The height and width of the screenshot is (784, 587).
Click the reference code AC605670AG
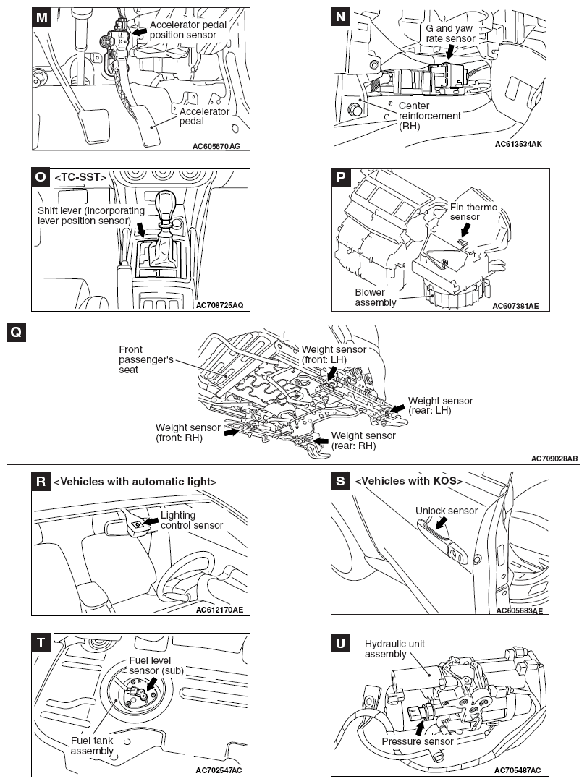[x=216, y=145]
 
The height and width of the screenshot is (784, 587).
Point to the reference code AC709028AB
[x=554, y=459]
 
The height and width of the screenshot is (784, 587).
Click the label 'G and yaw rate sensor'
[x=449, y=33]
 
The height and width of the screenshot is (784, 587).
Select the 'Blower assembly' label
[x=375, y=297]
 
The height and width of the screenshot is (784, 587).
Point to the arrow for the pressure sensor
[x=419, y=726]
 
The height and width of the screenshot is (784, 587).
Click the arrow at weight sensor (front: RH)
[x=231, y=433]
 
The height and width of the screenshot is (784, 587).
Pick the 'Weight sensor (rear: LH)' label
[x=440, y=406]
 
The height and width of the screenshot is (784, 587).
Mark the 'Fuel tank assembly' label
[x=92, y=746]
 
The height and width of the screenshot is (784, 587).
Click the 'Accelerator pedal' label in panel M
[x=205, y=116]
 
